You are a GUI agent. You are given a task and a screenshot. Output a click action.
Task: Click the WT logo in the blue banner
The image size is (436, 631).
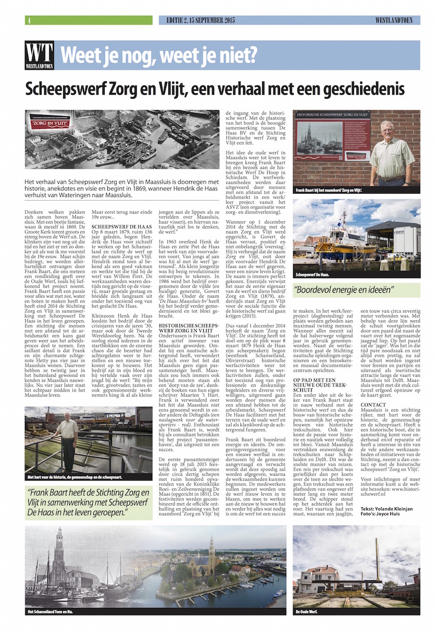pos(39,55)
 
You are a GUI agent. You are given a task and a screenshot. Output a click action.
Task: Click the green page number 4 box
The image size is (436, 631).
pos(28,21)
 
